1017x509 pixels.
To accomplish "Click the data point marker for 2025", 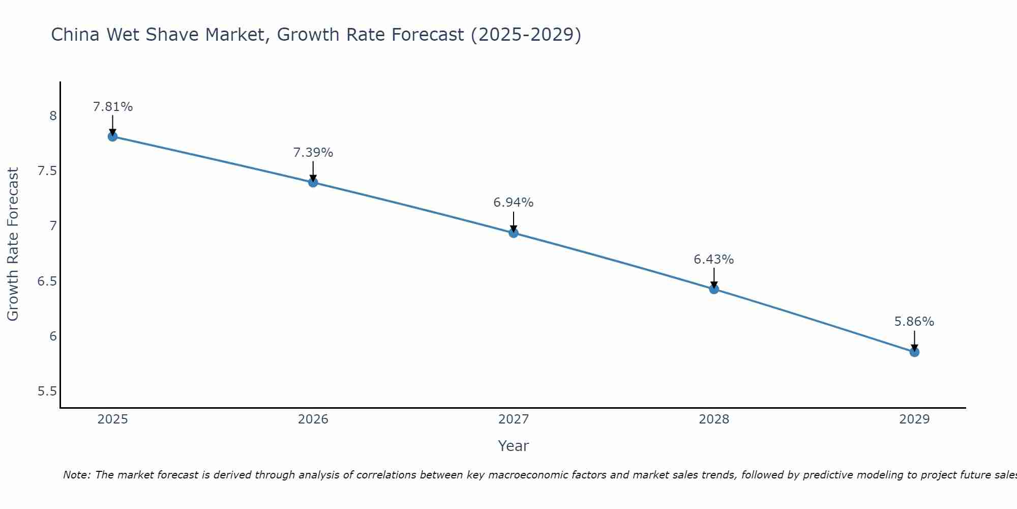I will (113, 136).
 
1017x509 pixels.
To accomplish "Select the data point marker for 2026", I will (313, 182).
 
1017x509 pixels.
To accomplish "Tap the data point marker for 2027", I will (514, 233).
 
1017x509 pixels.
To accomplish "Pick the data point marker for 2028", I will (714, 289).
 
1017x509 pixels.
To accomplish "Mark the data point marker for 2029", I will (914, 352).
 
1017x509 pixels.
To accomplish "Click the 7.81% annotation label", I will (113, 107).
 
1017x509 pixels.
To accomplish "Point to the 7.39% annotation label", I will (313, 153).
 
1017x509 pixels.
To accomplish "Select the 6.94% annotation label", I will (514, 203).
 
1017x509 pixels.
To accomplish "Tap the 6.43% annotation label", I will (714, 260).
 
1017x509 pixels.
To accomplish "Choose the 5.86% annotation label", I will (914, 322).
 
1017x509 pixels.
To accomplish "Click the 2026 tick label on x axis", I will (313, 419).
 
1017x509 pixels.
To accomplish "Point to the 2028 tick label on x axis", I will (714, 419).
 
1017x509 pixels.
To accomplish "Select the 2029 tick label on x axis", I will (914, 419).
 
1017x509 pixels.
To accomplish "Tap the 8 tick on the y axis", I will (53, 116).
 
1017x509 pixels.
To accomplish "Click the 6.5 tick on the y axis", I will (47, 281).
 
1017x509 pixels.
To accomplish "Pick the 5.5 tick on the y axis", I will (47, 391).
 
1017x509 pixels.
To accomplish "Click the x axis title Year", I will (514, 446).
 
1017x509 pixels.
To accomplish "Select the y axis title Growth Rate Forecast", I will (13, 244).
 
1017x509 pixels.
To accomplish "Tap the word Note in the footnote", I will (76, 475).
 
